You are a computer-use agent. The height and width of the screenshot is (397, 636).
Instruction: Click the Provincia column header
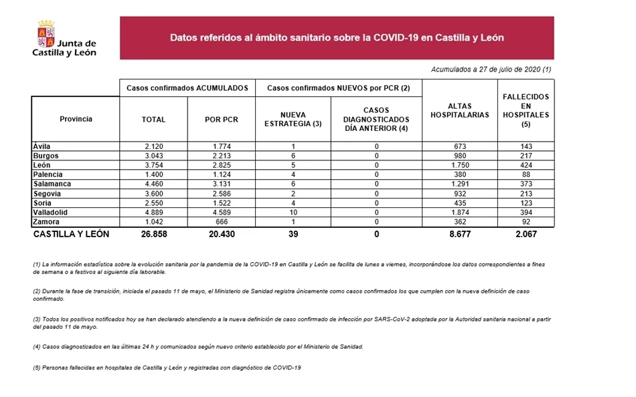click(76, 119)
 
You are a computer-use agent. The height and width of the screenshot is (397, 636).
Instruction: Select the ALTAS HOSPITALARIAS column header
click(459, 110)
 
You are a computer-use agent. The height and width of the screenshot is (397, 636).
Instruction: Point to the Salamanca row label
click(52, 184)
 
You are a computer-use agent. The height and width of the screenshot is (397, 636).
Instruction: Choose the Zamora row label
click(46, 222)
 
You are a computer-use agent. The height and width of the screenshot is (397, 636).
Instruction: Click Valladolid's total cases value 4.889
click(153, 213)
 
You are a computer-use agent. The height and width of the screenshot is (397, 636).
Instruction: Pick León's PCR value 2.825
click(221, 165)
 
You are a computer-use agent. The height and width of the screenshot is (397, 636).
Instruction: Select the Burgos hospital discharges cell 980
click(459, 156)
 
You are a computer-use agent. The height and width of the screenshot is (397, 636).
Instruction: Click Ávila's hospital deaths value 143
click(526, 146)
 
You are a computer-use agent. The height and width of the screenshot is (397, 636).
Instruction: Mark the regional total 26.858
click(153, 235)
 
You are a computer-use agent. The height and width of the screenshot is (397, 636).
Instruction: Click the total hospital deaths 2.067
click(526, 235)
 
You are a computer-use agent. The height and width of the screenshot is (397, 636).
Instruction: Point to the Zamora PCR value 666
click(221, 222)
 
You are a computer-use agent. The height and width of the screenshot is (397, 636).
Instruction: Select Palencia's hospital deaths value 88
click(526, 174)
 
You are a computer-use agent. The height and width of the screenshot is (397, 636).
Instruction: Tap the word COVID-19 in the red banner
click(394, 38)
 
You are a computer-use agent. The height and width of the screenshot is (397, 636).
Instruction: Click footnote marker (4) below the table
click(37, 346)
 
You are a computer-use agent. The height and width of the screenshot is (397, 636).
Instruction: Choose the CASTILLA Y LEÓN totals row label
click(71, 235)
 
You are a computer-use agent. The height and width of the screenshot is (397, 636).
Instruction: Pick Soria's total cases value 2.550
click(153, 203)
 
